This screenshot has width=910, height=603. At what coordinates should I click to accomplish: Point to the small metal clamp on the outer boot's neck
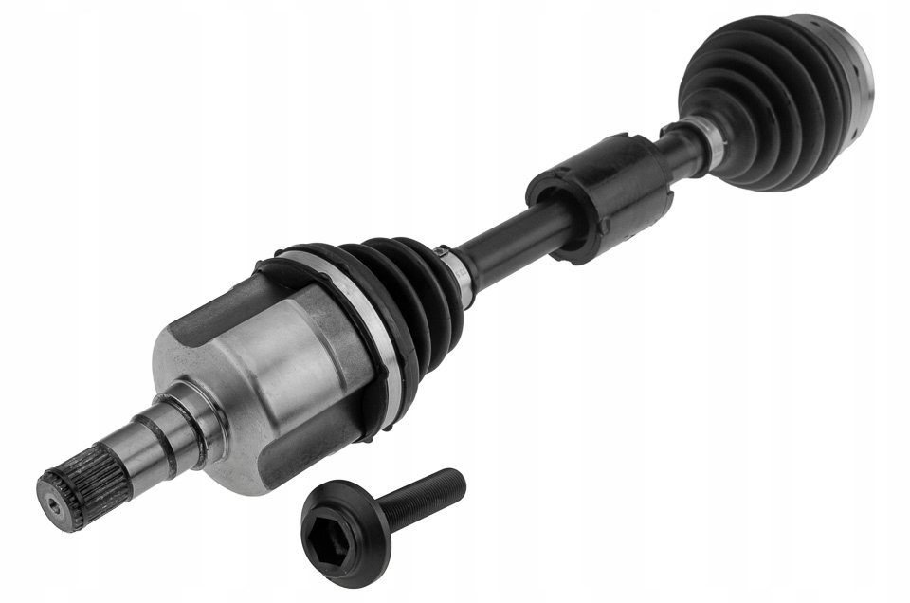(x=713, y=142)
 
